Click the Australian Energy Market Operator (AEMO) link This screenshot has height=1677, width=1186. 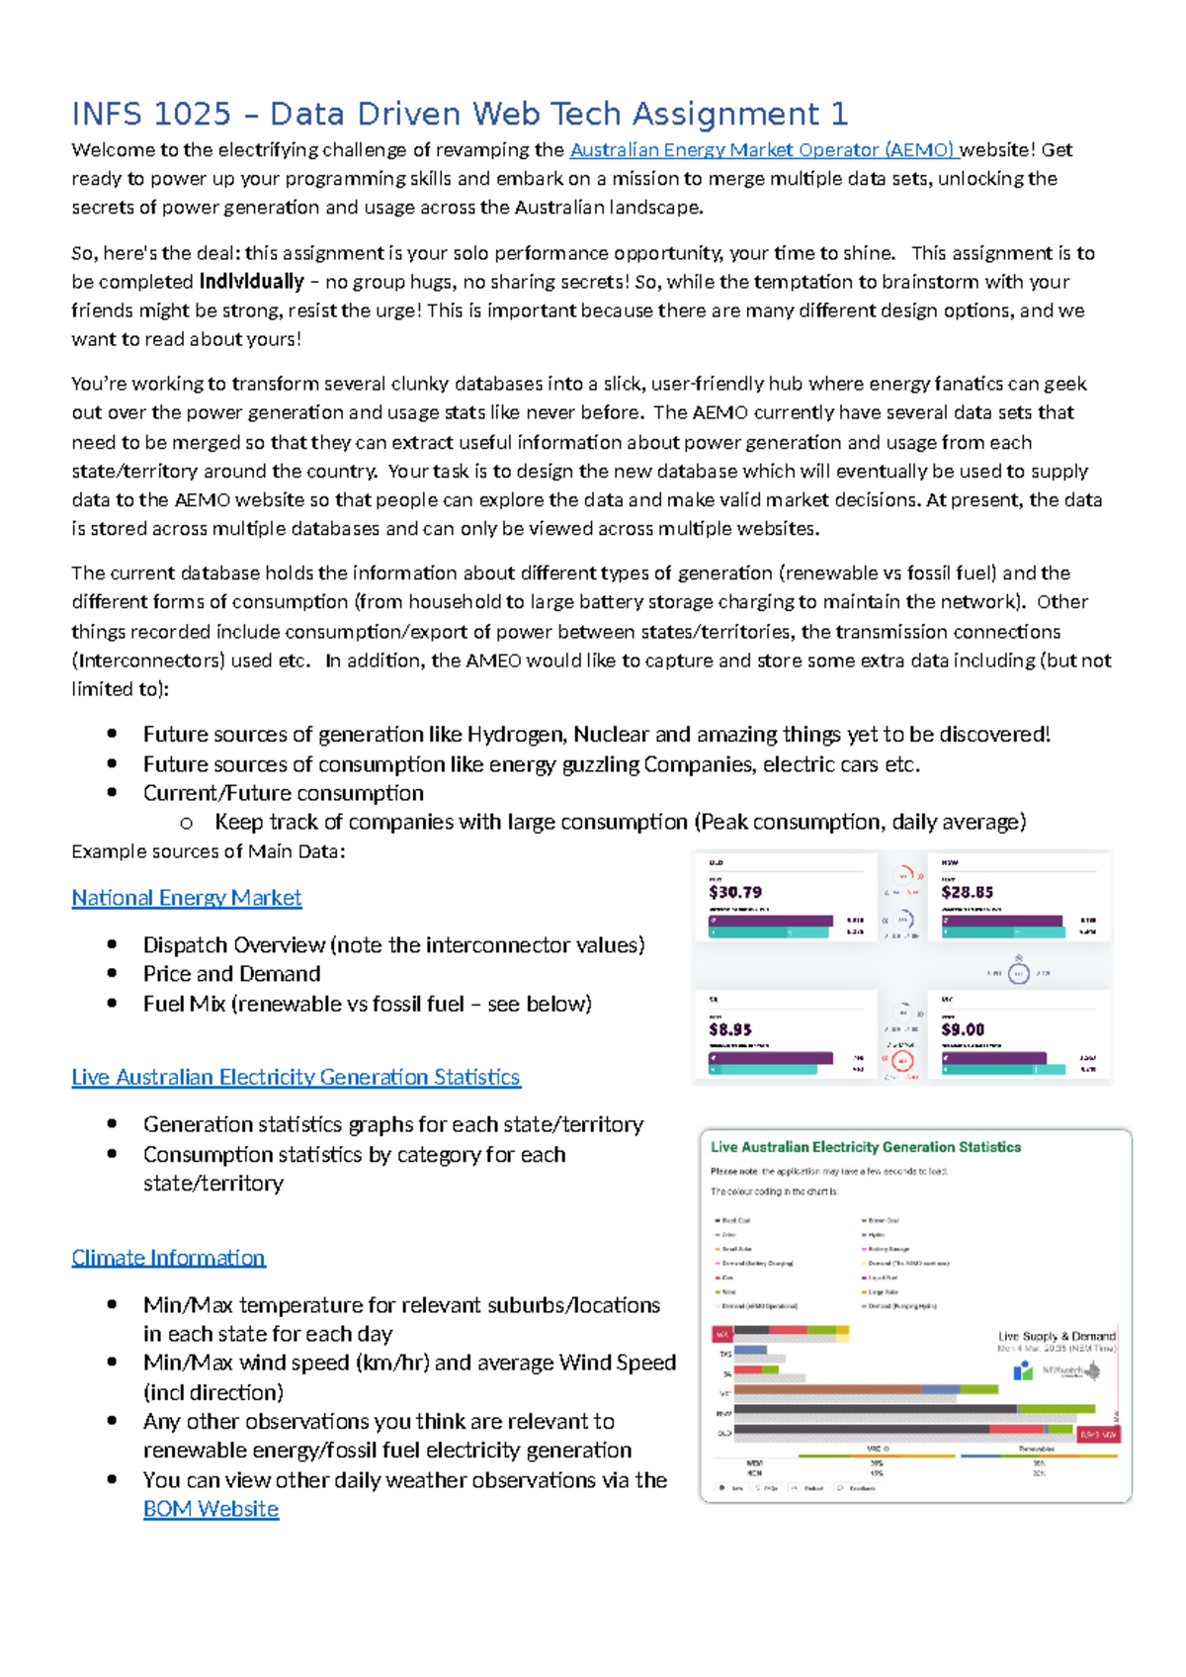click(762, 150)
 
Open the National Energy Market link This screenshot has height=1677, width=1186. click(186, 898)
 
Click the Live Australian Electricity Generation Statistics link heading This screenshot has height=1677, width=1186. click(296, 1077)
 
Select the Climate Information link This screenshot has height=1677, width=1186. click(168, 1258)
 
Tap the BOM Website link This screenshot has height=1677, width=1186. click(211, 1509)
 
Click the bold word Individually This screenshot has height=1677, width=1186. click(251, 282)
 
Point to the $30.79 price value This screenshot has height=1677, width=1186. click(735, 892)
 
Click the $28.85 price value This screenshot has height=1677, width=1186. click(967, 892)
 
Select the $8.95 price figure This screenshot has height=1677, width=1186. click(730, 1029)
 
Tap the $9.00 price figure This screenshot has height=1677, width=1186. click(963, 1029)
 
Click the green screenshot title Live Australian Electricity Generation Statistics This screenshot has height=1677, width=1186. click(866, 1147)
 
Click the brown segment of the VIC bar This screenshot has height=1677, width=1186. click(825, 1389)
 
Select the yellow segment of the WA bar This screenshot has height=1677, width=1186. click(842, 1334)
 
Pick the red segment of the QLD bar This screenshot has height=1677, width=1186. click(1015, 1429)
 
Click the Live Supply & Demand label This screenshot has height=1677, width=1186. click(1056, 1336)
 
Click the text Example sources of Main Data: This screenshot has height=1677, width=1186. click(209, 851)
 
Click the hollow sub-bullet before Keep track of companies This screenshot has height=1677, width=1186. click(186, 823)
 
